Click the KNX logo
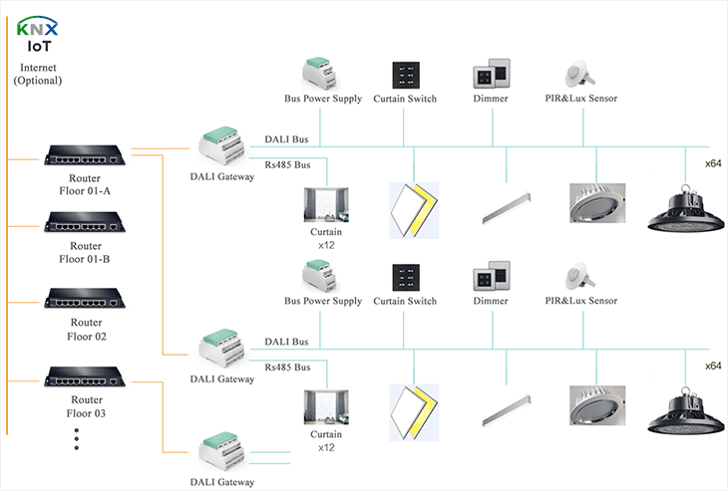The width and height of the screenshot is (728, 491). click(37, 27)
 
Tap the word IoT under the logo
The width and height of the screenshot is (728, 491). click(37, 46)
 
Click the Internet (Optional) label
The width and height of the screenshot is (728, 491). click(38, 74)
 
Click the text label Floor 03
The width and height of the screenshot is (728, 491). click(86, 413)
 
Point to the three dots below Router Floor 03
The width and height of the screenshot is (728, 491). click(77, 439)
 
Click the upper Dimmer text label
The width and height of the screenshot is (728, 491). click(491, 100)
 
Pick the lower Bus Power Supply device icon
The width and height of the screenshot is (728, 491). click(322, 276)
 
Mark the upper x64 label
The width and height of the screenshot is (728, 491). click(713, 163)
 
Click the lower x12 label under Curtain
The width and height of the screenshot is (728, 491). click(326, 448)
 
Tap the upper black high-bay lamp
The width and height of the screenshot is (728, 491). click(685, 207)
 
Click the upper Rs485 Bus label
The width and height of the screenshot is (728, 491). click(287, 164)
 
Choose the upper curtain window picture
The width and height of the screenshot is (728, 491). click(326, 206)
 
